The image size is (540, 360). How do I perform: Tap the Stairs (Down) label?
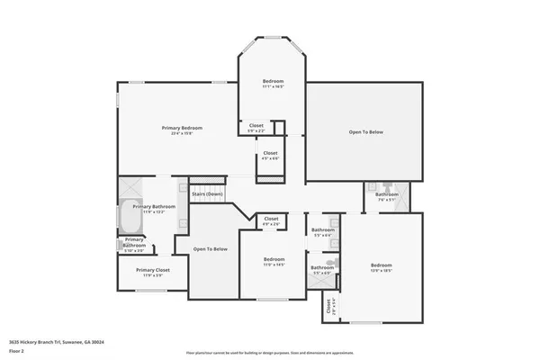208,194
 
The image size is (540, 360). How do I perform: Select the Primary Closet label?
153,272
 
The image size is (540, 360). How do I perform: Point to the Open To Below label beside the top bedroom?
366,132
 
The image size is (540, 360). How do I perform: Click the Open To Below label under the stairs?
211,249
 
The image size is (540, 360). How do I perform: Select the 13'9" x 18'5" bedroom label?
381,267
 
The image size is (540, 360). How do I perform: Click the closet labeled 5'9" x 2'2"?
256,128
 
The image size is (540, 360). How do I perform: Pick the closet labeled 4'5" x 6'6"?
270,155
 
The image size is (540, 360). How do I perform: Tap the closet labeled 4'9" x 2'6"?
271,221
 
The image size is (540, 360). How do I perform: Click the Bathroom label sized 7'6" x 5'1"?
387,197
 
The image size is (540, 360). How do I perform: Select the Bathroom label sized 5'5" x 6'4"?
322,232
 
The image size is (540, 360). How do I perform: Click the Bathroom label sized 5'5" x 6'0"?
321,269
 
